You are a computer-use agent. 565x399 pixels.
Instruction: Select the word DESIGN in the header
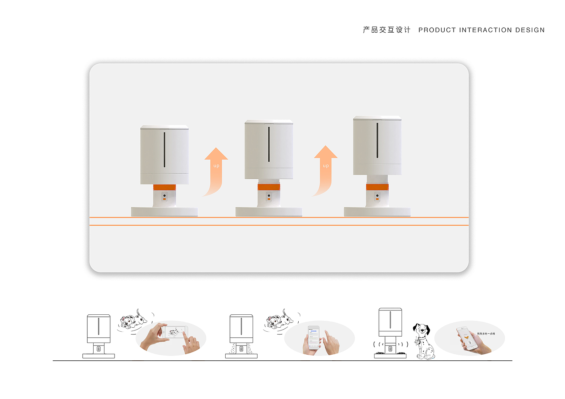pyautogui.click(x=530, y=30)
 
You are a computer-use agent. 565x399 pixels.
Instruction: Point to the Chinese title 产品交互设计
pyautogui.click(x=386, y=30)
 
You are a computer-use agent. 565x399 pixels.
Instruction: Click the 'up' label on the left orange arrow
pyautogui.click(x=216, y=166)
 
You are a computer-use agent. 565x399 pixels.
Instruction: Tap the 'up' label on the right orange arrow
pyautogui.click(x=326, y=166)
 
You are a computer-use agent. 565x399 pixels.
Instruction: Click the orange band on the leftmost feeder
pyautogui.click(x=164, y=187)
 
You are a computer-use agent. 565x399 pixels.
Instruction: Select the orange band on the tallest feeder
pyautogui.click(x=377, y=187)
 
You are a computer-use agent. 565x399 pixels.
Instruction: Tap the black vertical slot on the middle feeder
pyautogui.click(x=269, y=144)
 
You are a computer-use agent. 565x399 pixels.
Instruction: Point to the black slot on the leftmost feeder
pyautogui.click(x=164, y=150)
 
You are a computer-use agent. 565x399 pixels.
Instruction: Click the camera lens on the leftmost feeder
pyautogui.click(x=164, y=195)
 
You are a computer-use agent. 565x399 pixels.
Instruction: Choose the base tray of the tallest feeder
pyautogui.click(x=377, y=212)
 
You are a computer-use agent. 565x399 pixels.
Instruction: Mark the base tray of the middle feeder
pyautogui.click(x=269, y=212)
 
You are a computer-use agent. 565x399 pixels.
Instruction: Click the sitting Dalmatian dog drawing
pyautogui.click(x=423, y=341)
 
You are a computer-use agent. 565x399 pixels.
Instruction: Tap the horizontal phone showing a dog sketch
pyautogui.click(x=175, y=332)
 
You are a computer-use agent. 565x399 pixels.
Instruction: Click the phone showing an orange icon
pyautogui.click(x=467, y=338)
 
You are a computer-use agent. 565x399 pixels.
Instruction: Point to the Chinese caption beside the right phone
pyautogui.click(x=485, y=334)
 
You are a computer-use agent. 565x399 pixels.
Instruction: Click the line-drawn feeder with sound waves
pyautogui.click(x=390, y=333)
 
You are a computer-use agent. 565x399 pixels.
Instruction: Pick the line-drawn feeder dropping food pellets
pyautogui.click(x=241, y=336)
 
